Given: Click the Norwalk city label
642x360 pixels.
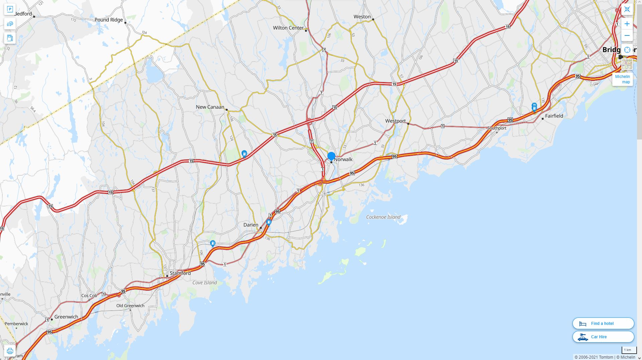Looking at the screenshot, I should point(343,159).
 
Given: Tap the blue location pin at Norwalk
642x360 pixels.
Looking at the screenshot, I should point(331,156).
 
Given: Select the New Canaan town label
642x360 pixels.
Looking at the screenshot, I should point(210,107).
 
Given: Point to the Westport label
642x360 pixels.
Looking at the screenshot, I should point(395,121).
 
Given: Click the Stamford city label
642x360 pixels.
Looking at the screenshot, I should point(180,273).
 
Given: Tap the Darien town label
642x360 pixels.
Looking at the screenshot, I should point(251,225).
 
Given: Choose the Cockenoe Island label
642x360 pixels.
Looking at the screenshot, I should point(383,217).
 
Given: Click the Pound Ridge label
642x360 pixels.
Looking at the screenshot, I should point(109,20).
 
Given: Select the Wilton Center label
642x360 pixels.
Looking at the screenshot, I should point(288,28).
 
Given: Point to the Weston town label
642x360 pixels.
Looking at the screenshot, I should point(362,17).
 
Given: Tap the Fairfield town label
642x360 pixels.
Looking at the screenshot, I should point(554,116).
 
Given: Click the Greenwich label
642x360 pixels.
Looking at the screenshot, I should point(66,317).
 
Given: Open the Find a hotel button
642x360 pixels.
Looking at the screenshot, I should point(603,324).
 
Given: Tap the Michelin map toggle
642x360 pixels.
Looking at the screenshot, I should point(623,79).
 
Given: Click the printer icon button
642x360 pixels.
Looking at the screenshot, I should point(10,351).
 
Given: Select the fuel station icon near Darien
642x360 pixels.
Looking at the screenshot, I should point(269,222).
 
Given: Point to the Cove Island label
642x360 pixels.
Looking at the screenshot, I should point(205,283).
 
